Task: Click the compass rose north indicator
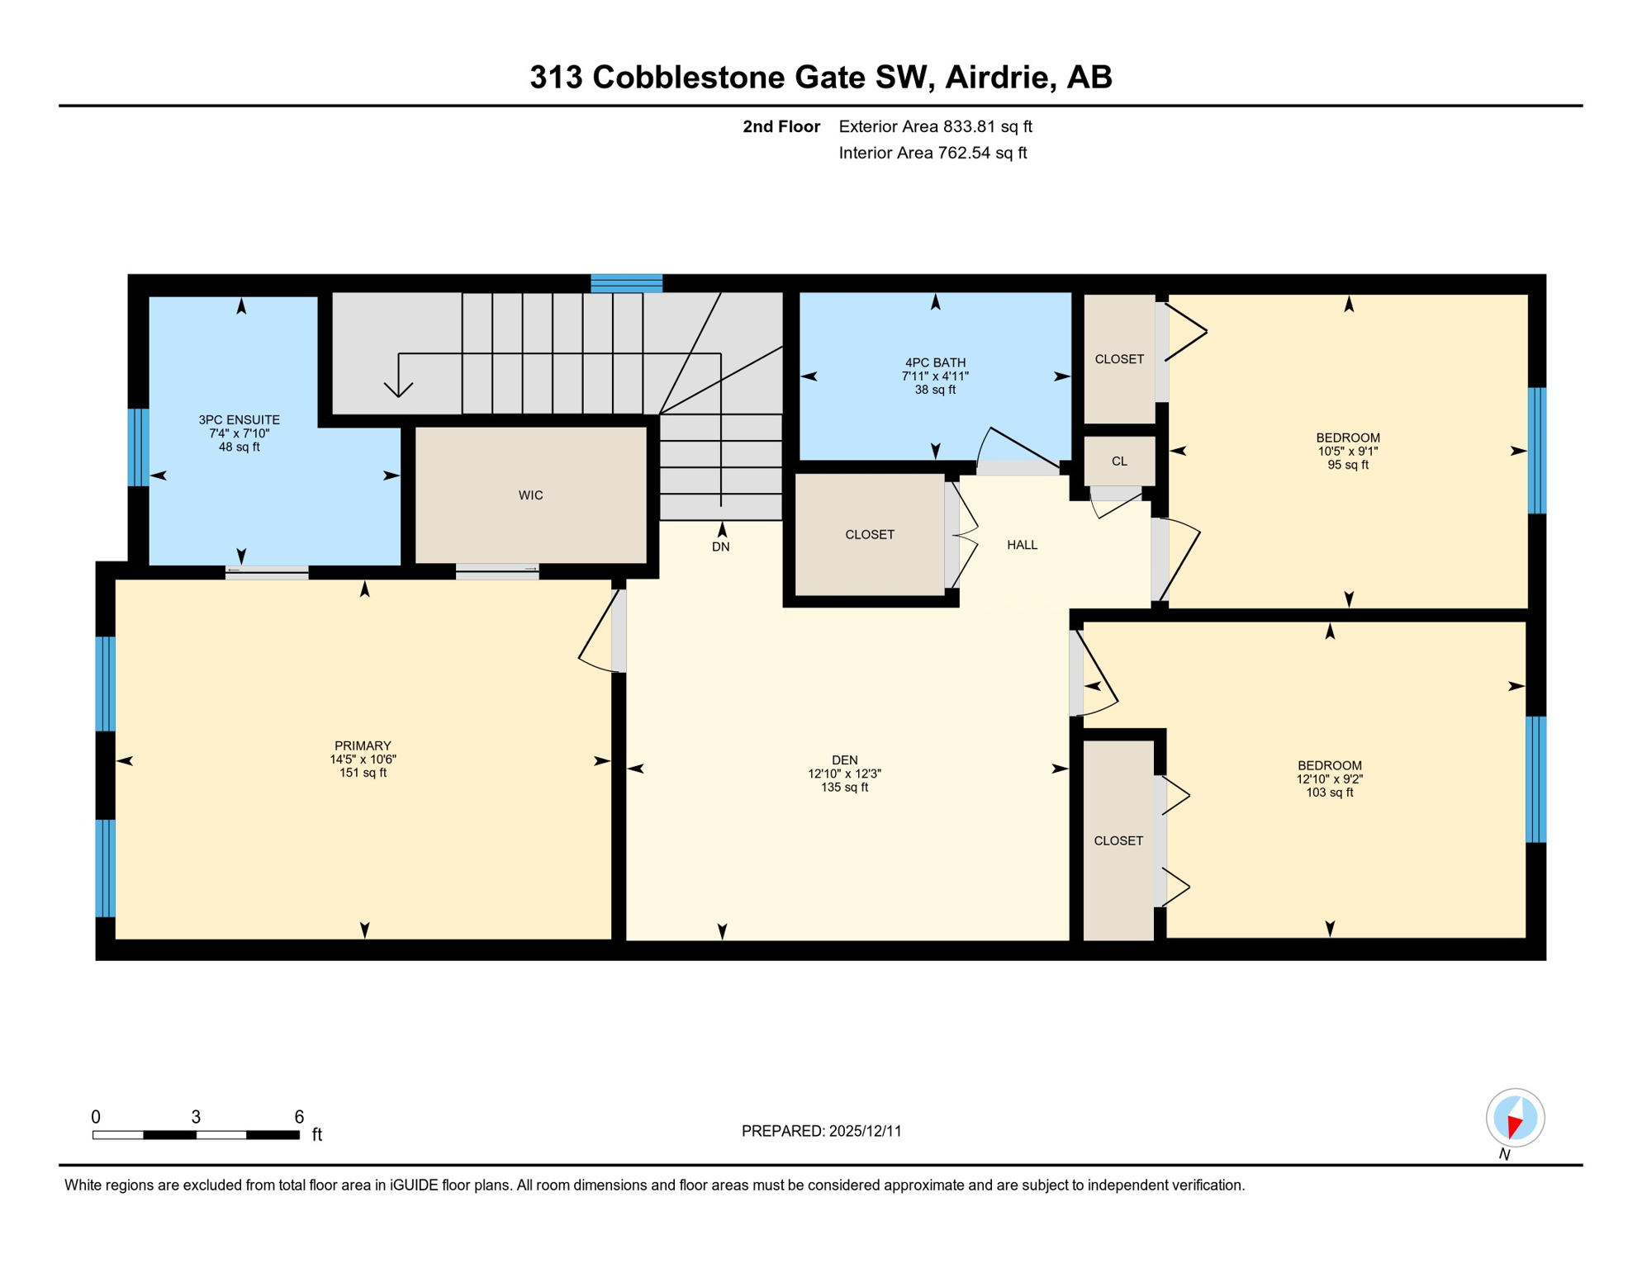click(x=1515, y=1119)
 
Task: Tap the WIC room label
click(x=530, y=495)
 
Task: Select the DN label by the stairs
click(x=720, y=546)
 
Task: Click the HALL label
click(x=1022, y=545)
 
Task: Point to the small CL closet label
click(x=1119, y=461)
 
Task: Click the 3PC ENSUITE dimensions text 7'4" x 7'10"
click(x=239, y=433)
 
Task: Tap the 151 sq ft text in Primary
click(x=363, y=773)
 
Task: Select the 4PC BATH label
click(x=935, y=362)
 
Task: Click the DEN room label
click(x=844, y=760)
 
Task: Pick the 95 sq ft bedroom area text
click(x=1348, y=465)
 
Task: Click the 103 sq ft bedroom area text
click(x=1329, y=792)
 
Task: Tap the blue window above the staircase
click(x=626, y=283)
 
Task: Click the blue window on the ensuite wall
click(x=139, y=447)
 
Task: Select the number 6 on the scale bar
click(x=299, y=1117)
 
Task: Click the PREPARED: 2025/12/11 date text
click(x=821, y=1131)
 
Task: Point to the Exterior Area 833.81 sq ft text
click(x=935, y=126)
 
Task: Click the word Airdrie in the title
click(x=999, y=77)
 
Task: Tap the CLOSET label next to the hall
click(x=869, y=535)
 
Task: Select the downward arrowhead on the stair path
click(x=398, y=389)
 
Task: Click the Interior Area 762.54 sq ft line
click(x=933, y=153)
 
